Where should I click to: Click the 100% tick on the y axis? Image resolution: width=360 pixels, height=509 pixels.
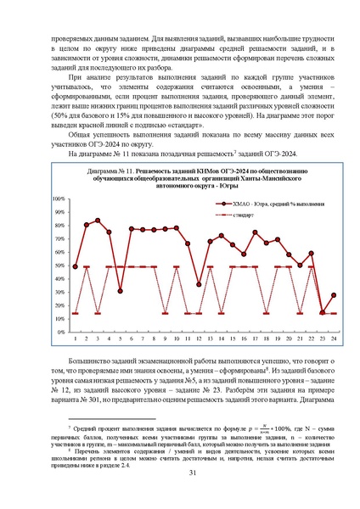pyautogui.click(x=61, y=222)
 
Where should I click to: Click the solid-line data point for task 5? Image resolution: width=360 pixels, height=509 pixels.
pyautogui.click(x=121, y=291)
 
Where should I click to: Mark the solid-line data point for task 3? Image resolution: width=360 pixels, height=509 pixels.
pyautogui.click(x=98, y=221)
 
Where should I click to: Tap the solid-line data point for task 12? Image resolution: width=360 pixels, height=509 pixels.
pyautogui.click(x=199, y=285)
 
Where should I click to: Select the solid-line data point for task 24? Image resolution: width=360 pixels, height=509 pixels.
pyautogui.click(x=334, y=295)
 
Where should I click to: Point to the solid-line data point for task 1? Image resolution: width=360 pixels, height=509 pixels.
pyautogui.click(x=76, y=266)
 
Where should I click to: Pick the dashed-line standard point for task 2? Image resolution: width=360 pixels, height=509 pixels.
pyautogui.click(x=87, y=266)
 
